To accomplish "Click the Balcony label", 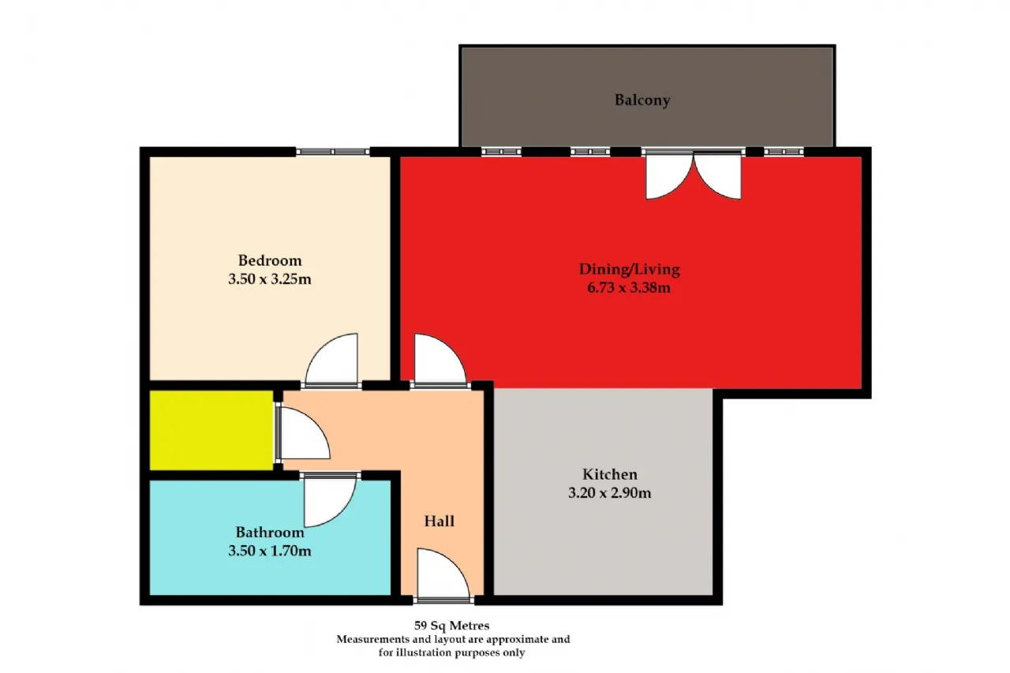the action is (x=642, y=100).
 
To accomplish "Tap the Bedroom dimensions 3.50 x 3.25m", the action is (x=270, y=279).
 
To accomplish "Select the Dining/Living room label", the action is (x=630, y=269).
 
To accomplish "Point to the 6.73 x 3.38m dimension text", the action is (x=629, y=288).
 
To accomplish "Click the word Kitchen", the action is (x=610, y=474).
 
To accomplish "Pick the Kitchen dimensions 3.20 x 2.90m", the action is (x=610, y=493).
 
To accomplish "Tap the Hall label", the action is (x=440, y=521).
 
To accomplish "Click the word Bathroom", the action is (x=270, y=533).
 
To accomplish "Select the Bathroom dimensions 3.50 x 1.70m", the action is (x=270, y=551).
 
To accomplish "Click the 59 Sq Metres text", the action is (x=452, y=626).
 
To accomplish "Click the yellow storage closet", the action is (x=211, y=431).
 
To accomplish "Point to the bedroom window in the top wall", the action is (x=333, y=152).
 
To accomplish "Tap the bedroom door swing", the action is (x=332, y=359).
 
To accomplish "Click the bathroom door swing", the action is (x=330, y=501).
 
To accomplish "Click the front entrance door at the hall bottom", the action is (x=443, y=574).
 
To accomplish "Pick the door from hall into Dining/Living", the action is (x=440, y=360).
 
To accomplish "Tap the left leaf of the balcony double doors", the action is (x=669, y=176).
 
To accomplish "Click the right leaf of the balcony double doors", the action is (x=717, y=176).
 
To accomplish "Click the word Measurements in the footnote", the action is (x=373, y=639).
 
